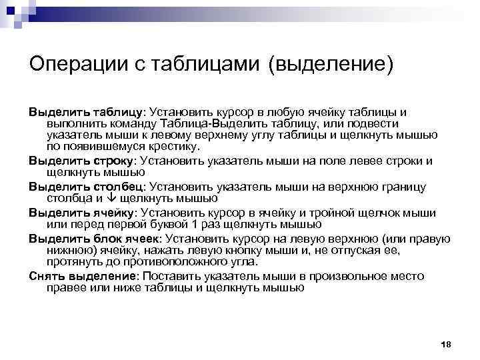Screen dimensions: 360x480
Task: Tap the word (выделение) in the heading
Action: click(331, 65)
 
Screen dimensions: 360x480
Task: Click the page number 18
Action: click(447, 343)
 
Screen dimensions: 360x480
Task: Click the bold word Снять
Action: click(45, 276)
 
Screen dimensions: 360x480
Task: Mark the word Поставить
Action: click(186, 276)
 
